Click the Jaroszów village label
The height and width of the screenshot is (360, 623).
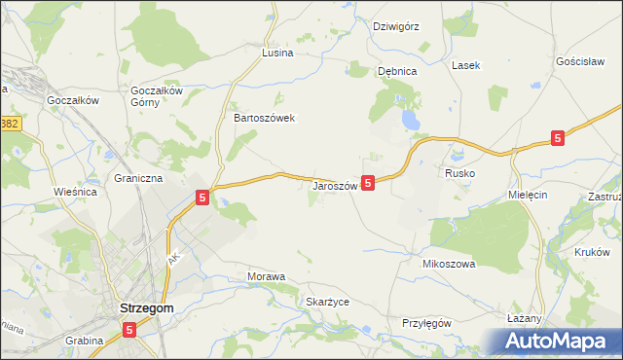coord(336,185)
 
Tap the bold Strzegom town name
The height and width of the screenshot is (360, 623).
coord(146,307)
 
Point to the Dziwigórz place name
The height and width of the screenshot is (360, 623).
coord(396,26)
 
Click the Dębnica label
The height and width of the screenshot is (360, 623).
coord(397,71)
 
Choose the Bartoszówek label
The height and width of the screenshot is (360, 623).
coord(264,117)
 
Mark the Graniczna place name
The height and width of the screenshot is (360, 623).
coord(138,179)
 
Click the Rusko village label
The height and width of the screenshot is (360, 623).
coord(459,172)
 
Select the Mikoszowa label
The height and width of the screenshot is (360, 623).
coord(448,264)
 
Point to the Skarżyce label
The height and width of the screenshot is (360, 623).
coord(327,302)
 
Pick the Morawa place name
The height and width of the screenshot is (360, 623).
coord(266,276)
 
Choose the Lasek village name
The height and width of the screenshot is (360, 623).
coord(464,66)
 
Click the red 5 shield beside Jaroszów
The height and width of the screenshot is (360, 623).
coord(368,182)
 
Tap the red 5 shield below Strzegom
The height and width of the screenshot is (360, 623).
coord(130,332)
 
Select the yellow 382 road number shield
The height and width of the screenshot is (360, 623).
coord(10,125)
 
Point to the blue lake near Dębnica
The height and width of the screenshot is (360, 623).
coord(413,120)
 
